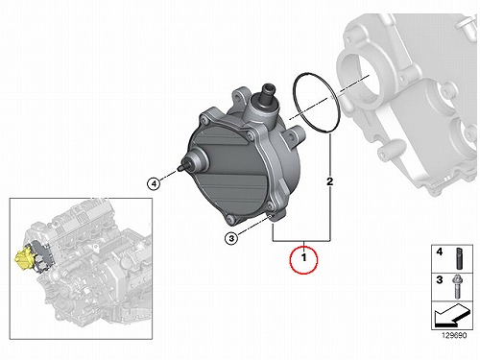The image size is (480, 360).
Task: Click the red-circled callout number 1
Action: (x=303, y=257)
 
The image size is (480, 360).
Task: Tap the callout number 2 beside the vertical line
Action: (x=329, y=181)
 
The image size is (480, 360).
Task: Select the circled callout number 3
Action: (x=231, y=238)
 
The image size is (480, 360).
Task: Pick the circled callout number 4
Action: (x=154, y=183)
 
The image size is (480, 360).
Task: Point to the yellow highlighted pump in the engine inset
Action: (x=23, y=258)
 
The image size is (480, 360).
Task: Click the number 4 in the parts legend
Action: (x=440, y=252)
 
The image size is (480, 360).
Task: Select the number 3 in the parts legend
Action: (x=440, y=280)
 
